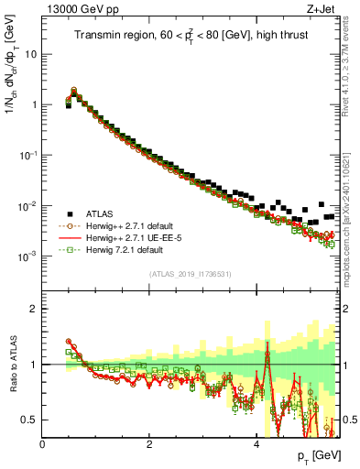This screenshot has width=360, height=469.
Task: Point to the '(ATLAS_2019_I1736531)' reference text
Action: click(190, 274)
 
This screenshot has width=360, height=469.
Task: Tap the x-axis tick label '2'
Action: click(149, 443)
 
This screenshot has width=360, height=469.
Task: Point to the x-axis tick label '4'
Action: click(256, 443)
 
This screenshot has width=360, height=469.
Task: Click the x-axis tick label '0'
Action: click(43, 443)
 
